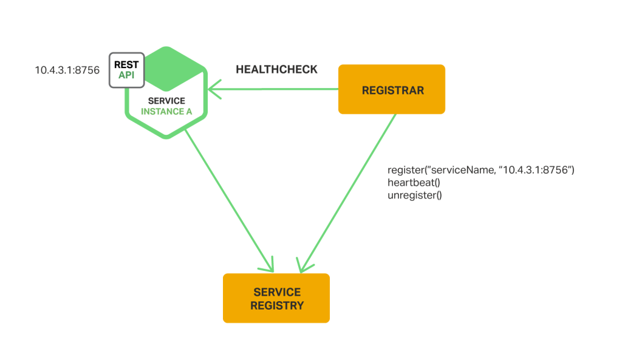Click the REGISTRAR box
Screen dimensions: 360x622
coord(392,90)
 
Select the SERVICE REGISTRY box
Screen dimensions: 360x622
coord(276,298)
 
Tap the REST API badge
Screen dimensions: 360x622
coord(126,70)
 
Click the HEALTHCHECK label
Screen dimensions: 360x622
coord(276,70)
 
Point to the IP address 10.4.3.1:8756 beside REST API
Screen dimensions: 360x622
coord(67,70)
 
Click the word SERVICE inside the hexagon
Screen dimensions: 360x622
coord(166,100)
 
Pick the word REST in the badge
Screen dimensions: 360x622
coord(126,64)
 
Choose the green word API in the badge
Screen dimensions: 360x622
coord(126,75)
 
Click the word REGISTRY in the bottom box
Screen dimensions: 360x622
coord(276,305)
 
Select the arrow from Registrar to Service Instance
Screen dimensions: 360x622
coord(273,90)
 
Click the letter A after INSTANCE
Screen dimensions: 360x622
coord(180,112)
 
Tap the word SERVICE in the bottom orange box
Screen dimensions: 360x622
coord(276,292)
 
